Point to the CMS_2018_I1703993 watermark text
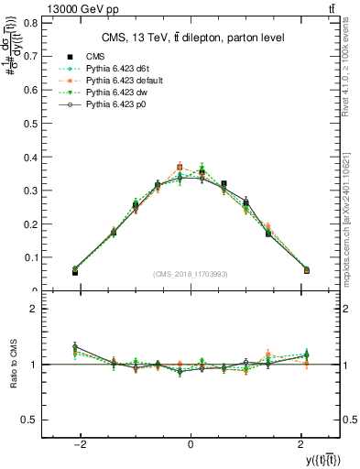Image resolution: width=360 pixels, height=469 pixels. point(191,274)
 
